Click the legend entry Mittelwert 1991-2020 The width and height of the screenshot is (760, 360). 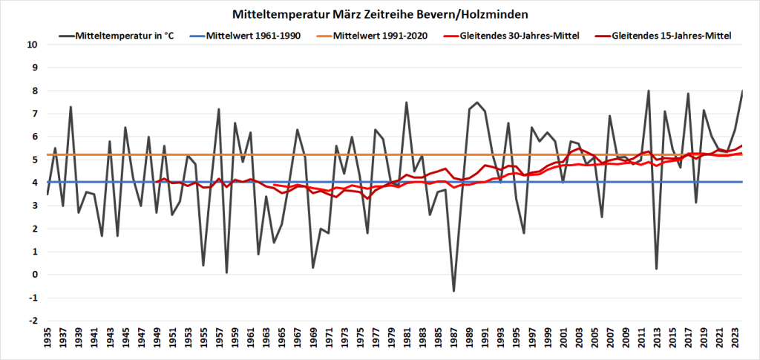click(381, 36)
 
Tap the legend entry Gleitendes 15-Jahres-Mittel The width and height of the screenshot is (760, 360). click(672, 36)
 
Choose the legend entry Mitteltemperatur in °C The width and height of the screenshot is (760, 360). click(124, 36)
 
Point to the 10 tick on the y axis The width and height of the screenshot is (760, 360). click(33, 45)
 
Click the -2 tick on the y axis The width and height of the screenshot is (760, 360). click(33, 321)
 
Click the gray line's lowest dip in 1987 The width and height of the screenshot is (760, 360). click(453, 290)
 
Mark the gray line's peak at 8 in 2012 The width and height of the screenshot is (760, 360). click(649, 91)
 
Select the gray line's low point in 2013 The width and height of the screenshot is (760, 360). click(657, 269)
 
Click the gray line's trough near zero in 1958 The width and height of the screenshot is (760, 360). click(227, 272)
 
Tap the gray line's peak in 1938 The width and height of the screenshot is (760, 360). click(71, 107)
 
